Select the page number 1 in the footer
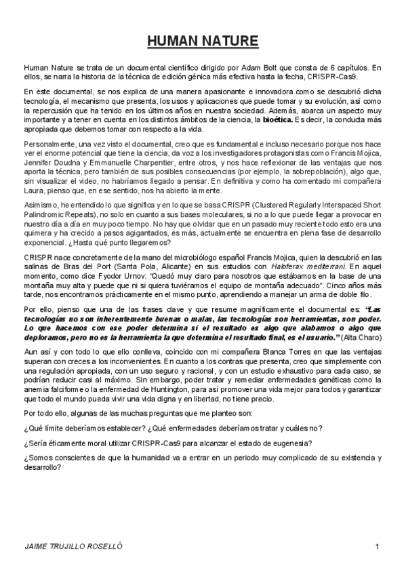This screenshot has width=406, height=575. (x=378, y=547)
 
